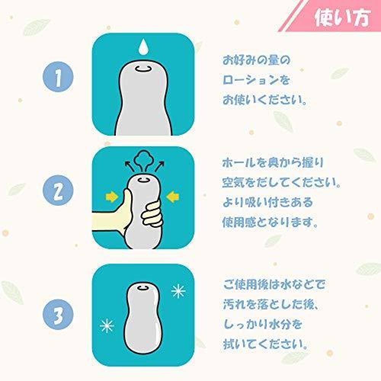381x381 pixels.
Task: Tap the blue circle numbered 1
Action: pyautogui.click(x=58, y=77)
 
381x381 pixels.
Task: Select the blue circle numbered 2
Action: pyautogui.click(x=58, y=190)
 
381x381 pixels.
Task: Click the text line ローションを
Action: pyautogui.click(x=256, y=80)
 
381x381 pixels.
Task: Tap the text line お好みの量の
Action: pyautogui.click(x=256, y=60)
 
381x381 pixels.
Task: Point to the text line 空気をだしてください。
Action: pyautogui.click(x=281, y=183)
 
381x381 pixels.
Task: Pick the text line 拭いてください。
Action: pyautogui.click(x=265, y=344)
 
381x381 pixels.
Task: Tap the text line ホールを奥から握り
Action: pyautogui.click(x=273, y=163)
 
